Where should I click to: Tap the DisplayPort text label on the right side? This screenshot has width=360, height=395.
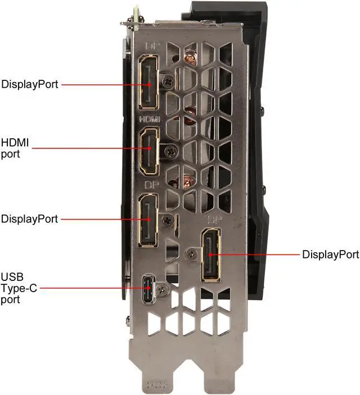[330, 255]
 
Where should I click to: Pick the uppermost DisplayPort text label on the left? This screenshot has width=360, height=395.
[29, 85]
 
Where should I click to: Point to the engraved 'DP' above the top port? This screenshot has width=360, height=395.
[152, 46]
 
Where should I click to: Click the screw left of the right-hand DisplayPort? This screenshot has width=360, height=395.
[193, 255]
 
